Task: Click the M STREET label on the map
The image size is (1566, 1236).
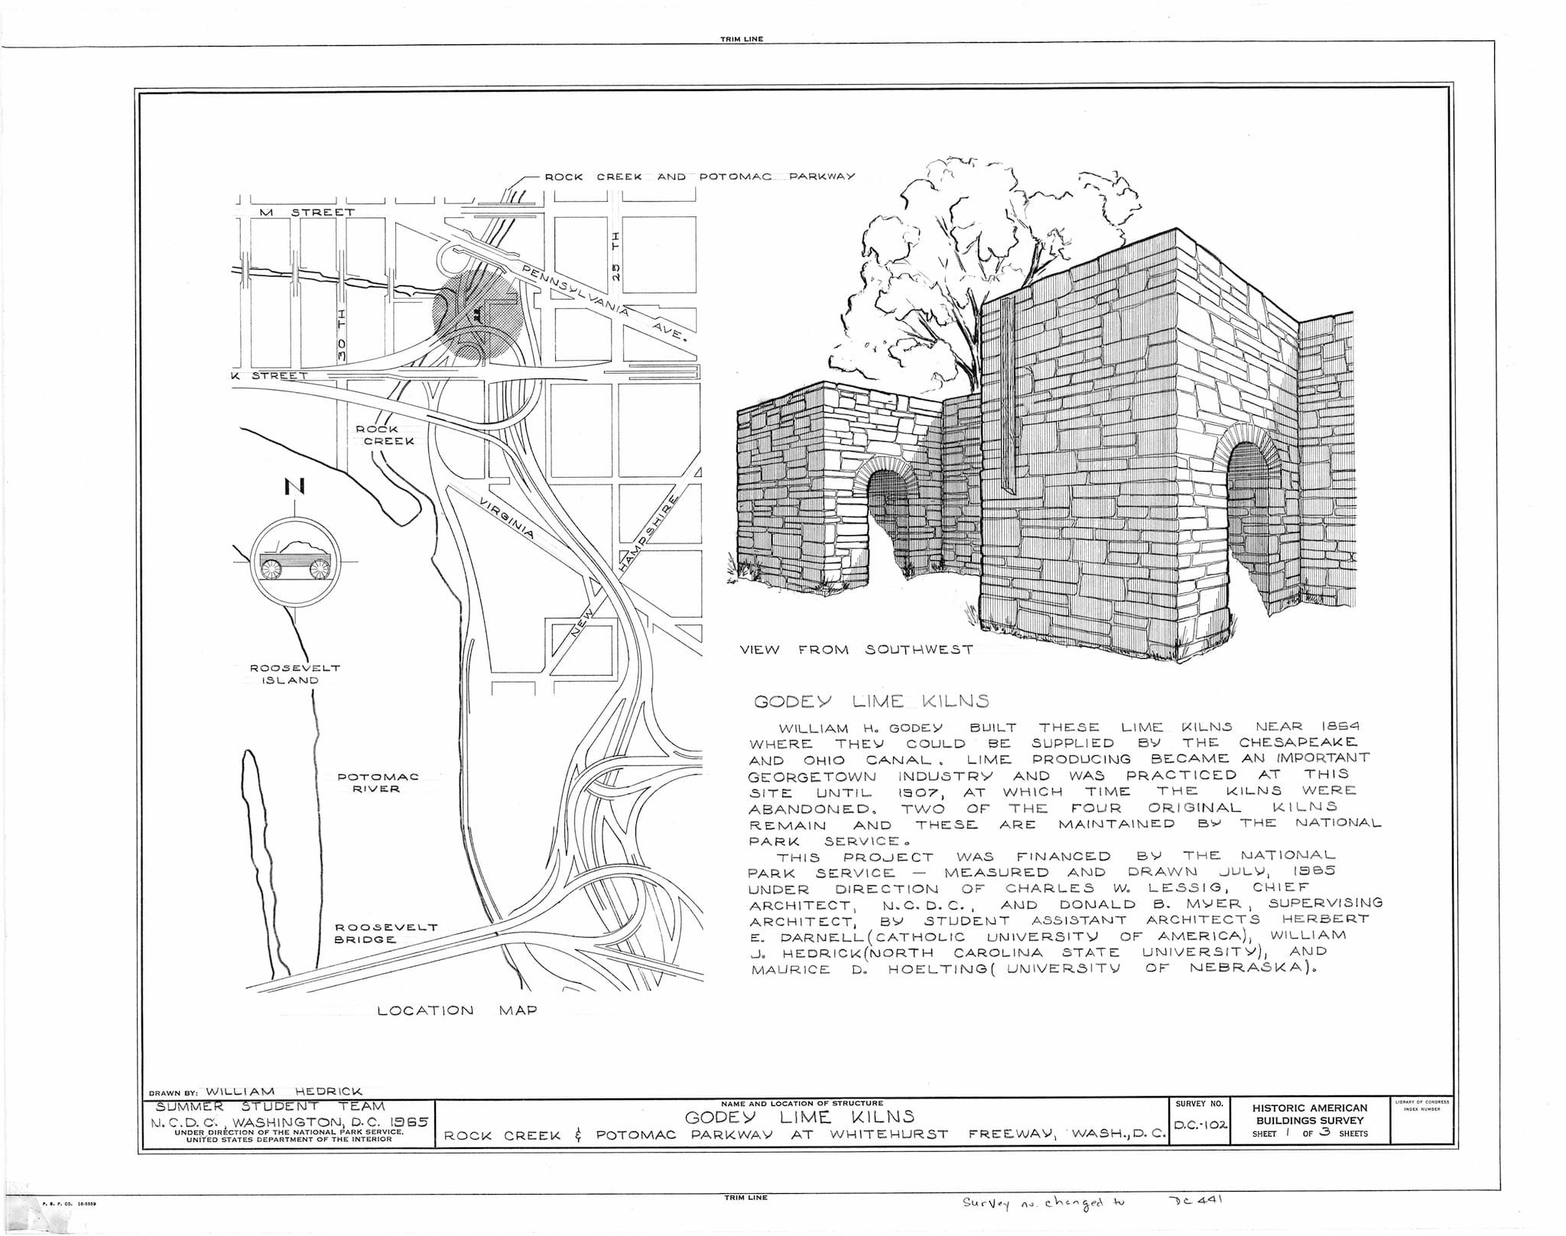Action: click(x=307, y=212)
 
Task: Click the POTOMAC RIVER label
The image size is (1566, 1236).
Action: click(x=378, y=783)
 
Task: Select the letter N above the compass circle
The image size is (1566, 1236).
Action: click(x=291, y=485)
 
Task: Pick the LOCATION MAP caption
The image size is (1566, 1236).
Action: click(x=457, y=1011)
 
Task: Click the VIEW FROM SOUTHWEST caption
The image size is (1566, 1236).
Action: click(x=856, y=650)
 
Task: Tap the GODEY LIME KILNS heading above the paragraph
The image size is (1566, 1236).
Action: click(x=872, y=701)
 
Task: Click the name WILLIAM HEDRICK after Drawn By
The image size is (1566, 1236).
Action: click(x=284, y=1091)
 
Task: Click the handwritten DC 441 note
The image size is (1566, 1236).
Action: click(x=1197, y=1200)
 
